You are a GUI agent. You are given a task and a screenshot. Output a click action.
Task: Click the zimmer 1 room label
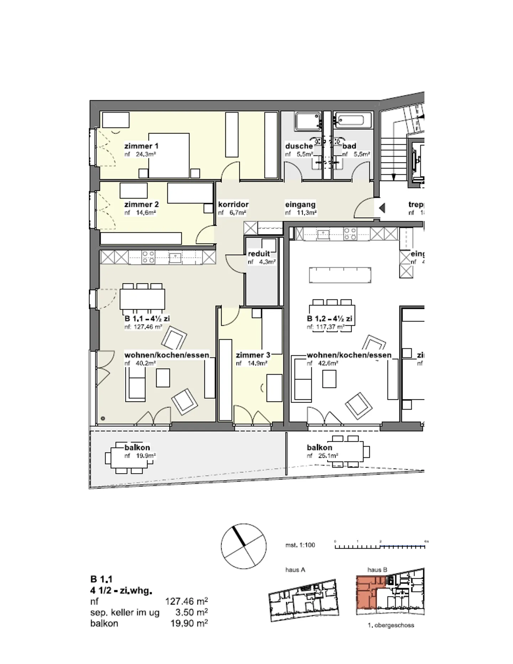(141, 146)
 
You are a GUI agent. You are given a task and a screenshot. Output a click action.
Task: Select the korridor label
(233, 204)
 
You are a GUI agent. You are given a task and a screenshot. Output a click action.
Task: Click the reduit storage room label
(259, 254)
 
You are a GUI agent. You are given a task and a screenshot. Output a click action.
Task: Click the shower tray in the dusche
(307, 121)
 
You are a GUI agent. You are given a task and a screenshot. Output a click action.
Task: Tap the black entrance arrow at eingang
(382, 208)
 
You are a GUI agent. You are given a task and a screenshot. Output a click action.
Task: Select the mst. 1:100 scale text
(300, 545)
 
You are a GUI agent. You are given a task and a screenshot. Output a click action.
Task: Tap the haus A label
(295, 570)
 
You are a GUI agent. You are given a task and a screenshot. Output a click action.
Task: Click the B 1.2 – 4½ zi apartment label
(330, 318)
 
